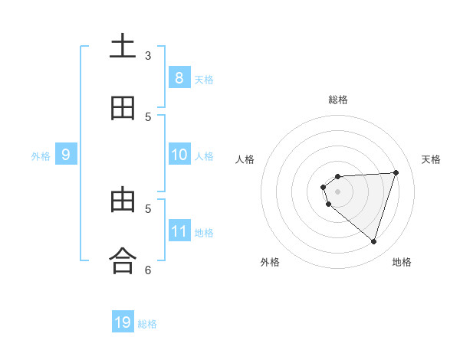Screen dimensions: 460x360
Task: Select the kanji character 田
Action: (123, 109)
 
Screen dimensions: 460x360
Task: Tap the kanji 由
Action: (123, 200)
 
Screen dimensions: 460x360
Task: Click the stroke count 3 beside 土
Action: (148, 56)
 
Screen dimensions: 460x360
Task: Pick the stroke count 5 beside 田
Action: (148, 117)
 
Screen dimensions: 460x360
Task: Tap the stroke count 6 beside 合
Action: (148, 270)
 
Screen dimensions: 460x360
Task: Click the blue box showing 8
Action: (179, 77)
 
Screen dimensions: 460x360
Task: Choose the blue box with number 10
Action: (179, 155)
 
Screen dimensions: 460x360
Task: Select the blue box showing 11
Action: (179, 231)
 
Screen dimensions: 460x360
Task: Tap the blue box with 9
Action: (66, 155)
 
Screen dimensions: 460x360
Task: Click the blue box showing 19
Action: (123, 322)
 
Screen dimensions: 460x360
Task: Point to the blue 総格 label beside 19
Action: (147, 324)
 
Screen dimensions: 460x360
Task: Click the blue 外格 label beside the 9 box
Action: (41, 156)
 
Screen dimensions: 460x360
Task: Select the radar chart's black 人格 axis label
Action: (245, 159)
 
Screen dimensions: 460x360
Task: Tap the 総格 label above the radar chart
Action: (337, 100)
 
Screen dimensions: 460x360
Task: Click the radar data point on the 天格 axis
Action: (396, 172)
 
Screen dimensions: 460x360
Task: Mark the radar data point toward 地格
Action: (373, 241)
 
